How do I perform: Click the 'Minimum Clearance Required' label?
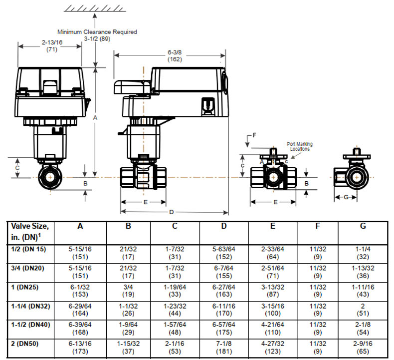tap(97, 32)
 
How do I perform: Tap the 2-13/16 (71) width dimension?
tap(52, 46)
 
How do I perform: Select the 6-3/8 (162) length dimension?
tap(175, 55)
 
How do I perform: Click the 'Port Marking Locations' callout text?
tap(300, 146)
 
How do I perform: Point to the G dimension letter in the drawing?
tap(346, 197)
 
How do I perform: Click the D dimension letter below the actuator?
tap(172, 212)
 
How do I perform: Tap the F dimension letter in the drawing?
tap(254, 135)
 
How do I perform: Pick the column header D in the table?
tap(224, 226)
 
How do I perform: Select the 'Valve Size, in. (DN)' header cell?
tap(29, 232)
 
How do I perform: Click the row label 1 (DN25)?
tap(25, 287)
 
